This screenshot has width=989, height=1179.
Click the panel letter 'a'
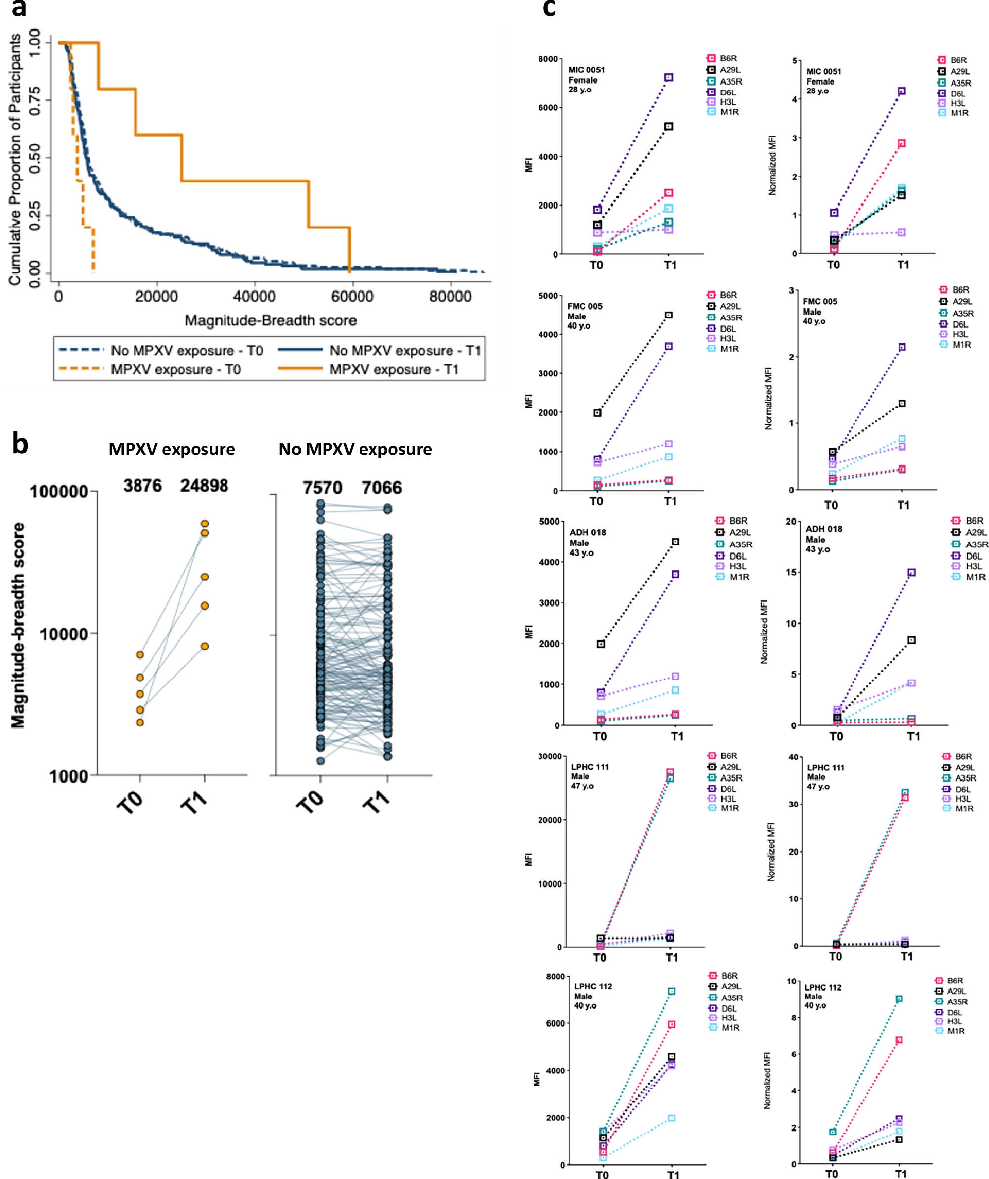[19, 9]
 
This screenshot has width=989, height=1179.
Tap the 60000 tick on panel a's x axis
[352, 296]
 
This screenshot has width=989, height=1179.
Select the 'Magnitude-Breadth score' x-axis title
[270, 320]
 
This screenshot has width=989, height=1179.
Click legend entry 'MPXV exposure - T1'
[394, 369]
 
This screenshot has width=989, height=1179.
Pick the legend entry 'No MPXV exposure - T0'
[186, 350]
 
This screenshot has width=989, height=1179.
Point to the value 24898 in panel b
[204, 486]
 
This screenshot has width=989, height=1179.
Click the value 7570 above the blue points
[322, 487]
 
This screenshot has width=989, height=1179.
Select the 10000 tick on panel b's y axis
[63, 635]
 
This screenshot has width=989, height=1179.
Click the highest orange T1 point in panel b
[205, 524]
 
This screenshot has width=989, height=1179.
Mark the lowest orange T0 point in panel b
[140, 723]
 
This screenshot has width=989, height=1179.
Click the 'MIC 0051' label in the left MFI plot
[586, 70]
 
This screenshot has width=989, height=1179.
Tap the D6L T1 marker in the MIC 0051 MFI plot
[669, 78]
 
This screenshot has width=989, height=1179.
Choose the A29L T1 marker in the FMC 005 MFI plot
[669, 316]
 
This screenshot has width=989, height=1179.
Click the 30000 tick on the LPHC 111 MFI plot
[549, 756]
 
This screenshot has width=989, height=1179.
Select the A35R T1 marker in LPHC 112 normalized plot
[899, 999]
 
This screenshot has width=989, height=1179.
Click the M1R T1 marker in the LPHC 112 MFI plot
[672, 1118]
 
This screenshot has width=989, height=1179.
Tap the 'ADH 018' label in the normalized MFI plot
[823, 529]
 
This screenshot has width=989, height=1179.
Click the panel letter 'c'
[549, 9]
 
